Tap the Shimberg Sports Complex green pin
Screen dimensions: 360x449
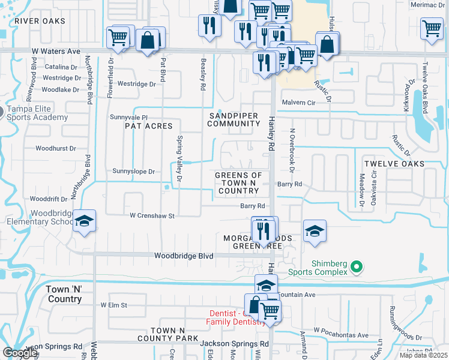tap(356, 266)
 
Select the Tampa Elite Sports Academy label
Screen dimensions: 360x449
tap(37, 113)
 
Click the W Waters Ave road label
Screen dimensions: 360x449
tap(56, 52)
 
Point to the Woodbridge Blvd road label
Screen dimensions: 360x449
tap(184, 256)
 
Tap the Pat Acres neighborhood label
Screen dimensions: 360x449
tap(148, 126)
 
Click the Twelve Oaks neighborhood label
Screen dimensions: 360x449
tap(394, 164)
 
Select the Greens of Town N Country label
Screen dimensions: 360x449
tap(238, 183)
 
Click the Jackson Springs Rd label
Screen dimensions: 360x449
tap(234, 344)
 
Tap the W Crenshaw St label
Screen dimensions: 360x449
tap(152, 215)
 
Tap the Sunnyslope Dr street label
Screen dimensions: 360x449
tap(133, 172)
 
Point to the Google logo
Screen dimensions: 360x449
tap(20, 353)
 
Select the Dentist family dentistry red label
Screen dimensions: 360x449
tap(236, 317)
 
